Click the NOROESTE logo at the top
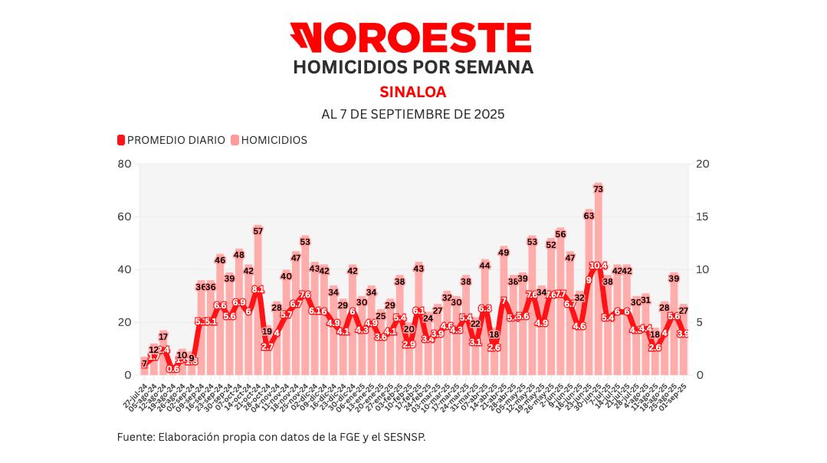(x=410, y=37)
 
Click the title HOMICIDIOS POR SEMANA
(x=413, y=67)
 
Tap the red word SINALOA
(x=412, y=92)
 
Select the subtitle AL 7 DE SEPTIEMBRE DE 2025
(x=412, y=114)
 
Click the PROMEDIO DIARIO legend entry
(x=171, y=140)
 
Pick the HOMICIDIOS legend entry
(x=269, y=140)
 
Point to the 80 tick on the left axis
(x=124, y=164)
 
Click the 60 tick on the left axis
(x=124, y=217)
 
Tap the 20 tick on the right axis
(x=701, y=164)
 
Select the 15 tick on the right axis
(x=701, y=217)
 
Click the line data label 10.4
(x=599, y=266)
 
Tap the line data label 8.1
(x=258, y=289)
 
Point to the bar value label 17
(x=163, y=336)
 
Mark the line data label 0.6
(x=172, y=369)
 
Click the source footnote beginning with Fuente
(x=271, y=437)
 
